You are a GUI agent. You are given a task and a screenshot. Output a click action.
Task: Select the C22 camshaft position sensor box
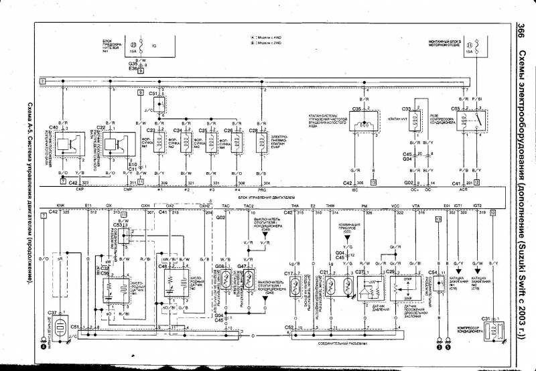(x=111, y=143)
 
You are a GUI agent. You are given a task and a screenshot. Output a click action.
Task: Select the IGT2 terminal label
(x=477, y=206)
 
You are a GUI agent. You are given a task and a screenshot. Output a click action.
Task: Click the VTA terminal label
(x=415, y=206)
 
